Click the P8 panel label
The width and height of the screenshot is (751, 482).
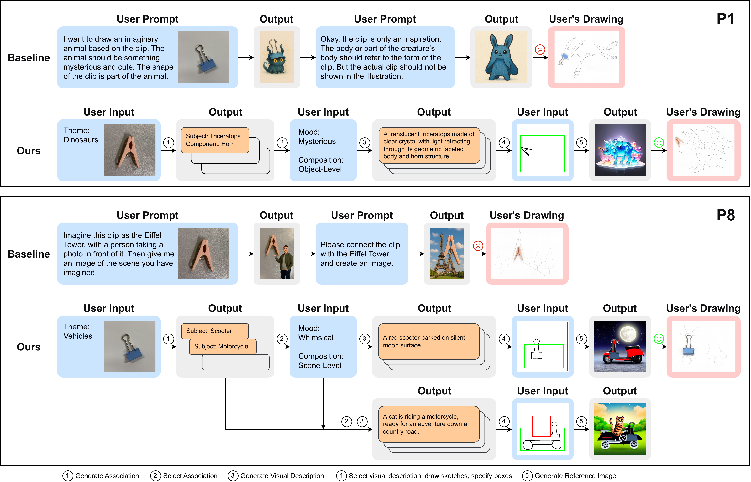coord(725,215)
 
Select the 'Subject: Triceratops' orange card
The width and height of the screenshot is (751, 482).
coord(215,140)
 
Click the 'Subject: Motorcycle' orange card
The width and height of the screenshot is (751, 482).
coord(222,347)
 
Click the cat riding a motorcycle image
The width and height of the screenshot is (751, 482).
coord(620,429)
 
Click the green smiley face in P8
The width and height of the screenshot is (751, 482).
coord(659,339)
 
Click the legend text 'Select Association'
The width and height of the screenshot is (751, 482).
coord(190,476)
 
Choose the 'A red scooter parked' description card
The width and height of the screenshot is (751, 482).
coord(429,342)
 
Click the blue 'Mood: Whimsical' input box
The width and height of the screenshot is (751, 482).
coord(323,347)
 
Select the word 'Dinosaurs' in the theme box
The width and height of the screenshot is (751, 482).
coord(81,140)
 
